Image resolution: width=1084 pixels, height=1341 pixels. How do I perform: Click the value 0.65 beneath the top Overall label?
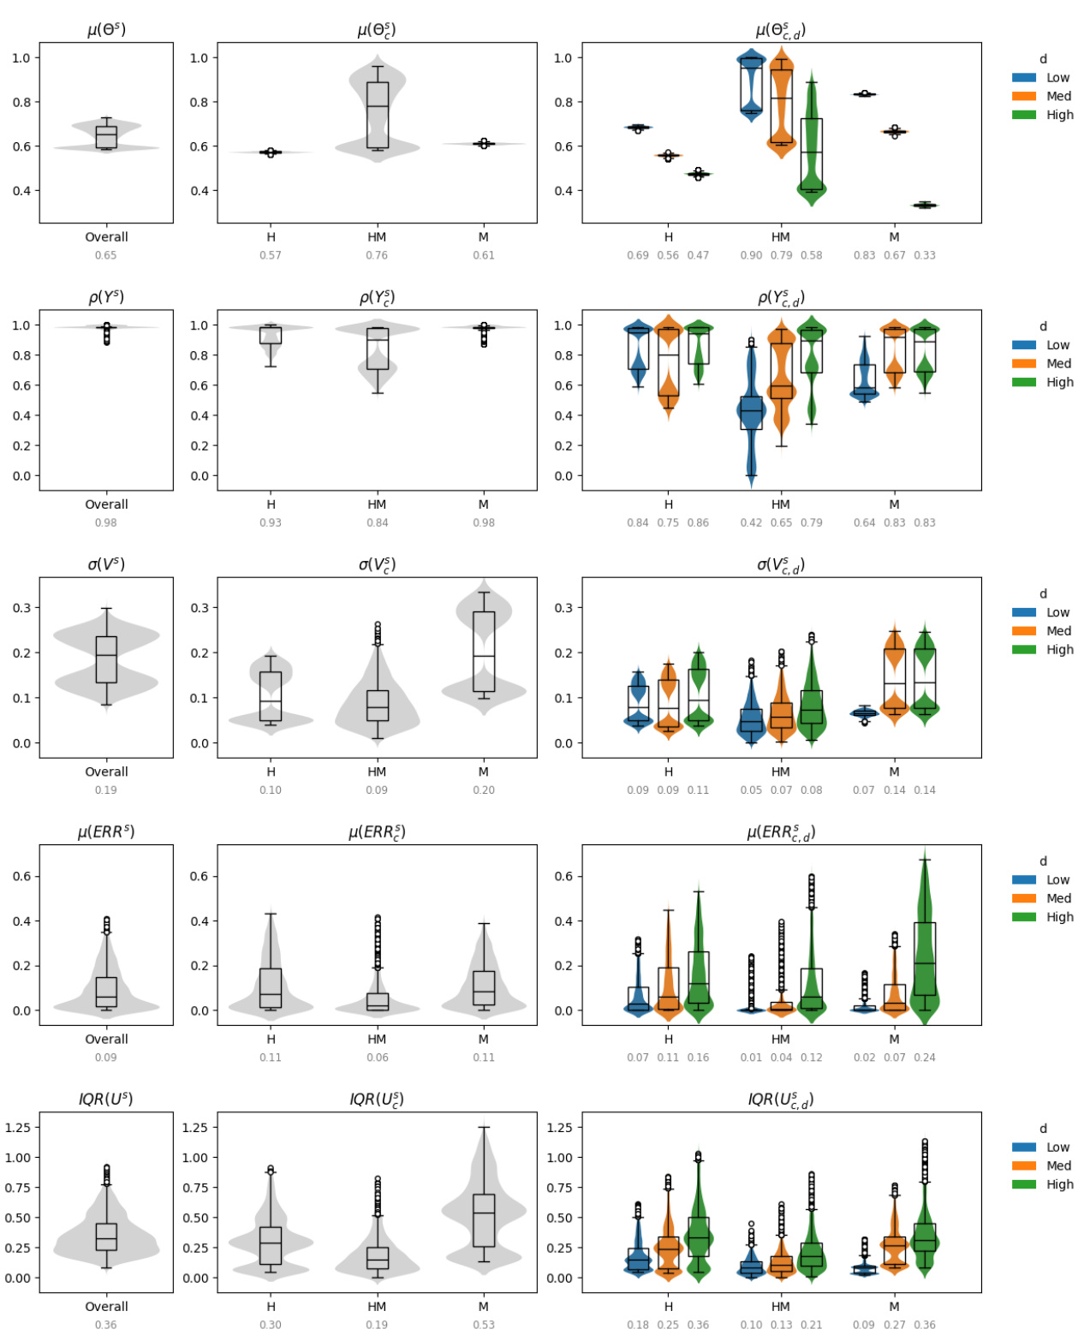tap(106, 255)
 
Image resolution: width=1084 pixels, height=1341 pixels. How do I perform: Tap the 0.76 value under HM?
tap(377, 255)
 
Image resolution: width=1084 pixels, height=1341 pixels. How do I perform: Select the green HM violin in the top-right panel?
tap(811, 146)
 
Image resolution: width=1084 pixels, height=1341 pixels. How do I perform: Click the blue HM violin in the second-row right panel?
tap(751, 402)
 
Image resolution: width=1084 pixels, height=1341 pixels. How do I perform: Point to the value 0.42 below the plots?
tap(751, 522)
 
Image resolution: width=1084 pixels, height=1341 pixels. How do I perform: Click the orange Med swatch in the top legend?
tap(1024, 96)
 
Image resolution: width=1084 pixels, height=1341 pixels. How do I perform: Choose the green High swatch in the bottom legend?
tap(1024, 1184)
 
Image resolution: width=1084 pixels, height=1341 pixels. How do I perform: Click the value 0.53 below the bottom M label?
tap(484, 1325)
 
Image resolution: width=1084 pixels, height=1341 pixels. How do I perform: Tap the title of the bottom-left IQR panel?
tap(106, 1099)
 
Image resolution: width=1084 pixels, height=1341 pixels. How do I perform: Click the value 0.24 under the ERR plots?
tap(925, 1058)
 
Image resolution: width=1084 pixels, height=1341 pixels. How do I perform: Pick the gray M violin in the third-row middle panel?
tap(484, 651)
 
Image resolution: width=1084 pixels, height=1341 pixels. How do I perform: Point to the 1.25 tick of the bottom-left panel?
tap(18, 1127)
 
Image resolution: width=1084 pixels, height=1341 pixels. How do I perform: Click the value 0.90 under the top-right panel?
tap(751, 255)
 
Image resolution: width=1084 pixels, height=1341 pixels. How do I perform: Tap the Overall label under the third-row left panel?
tap(106, 772)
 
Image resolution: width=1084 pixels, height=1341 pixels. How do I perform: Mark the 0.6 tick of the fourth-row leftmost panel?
tap(21, 876)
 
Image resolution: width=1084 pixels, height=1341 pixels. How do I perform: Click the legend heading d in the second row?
tap(1043, 326)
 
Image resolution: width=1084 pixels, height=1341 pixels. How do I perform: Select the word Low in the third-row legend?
tap(1057, 612)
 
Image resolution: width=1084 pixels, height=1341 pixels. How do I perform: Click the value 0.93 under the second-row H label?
tap(271, 522)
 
